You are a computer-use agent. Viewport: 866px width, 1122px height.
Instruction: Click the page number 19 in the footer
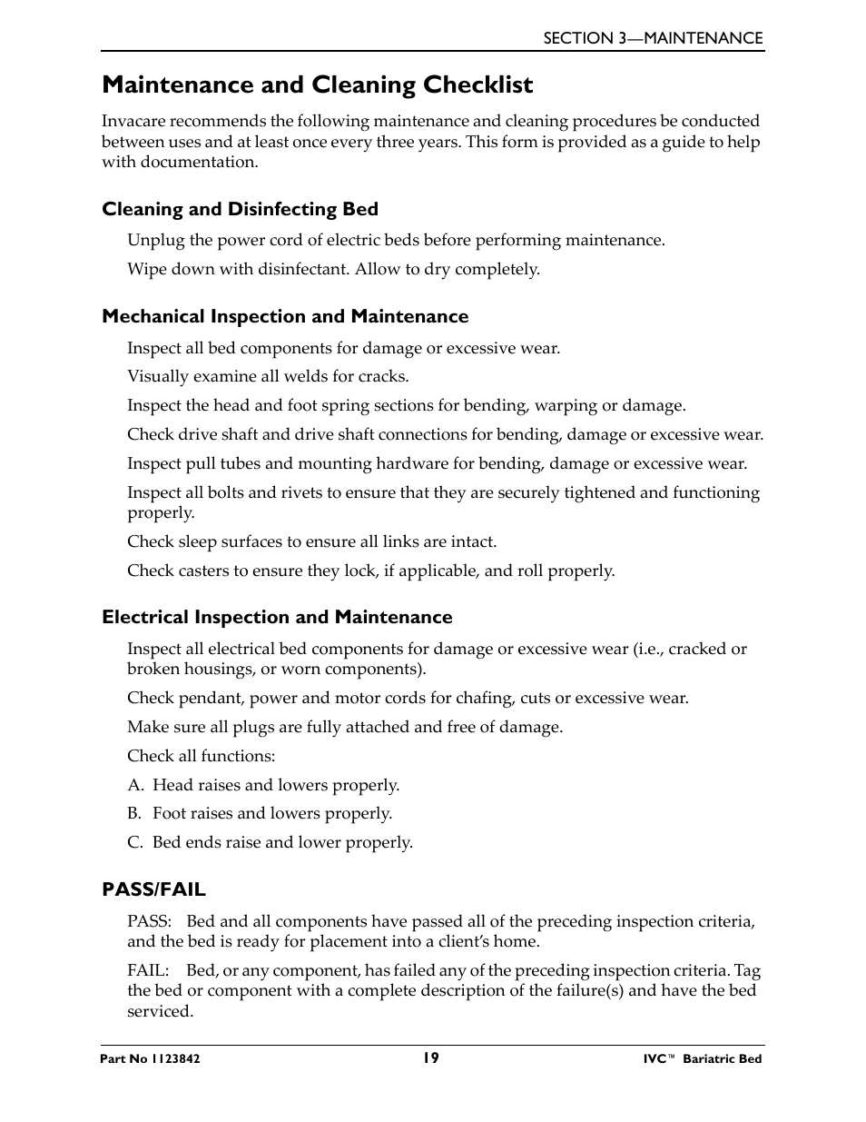tap(430, 1057)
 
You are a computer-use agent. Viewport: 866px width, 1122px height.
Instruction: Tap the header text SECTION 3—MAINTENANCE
tap(653, 38)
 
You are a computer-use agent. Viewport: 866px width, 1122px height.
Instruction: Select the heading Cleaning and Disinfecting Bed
tap(240, 210)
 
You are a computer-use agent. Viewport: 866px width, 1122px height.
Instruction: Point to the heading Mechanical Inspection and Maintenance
tap(285, 317)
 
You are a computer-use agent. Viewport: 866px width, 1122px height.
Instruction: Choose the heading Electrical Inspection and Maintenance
tap(277, 618)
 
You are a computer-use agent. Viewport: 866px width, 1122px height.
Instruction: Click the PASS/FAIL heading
tap(153, 889)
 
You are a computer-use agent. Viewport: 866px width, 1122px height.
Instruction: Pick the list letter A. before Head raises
tap(135, 786)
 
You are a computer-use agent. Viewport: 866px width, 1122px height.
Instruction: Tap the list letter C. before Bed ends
tap(135, 843)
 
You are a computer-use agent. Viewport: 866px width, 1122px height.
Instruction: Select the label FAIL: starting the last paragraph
tap(148, 971)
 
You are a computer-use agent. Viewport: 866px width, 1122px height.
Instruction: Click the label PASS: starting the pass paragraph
tap(149, 922)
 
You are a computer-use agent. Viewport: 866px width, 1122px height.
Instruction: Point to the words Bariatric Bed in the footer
tap(723, 1059)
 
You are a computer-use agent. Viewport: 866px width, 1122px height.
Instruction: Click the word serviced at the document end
tap(160, 1012)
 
